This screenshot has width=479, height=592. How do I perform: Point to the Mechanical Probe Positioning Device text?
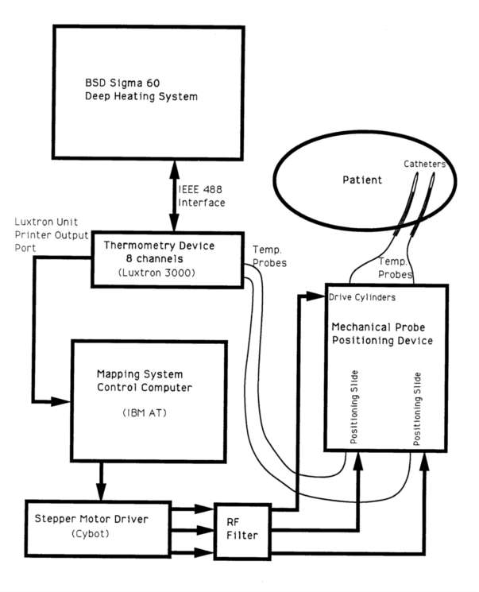tap(380, 334)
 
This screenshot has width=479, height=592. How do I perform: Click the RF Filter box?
tap(241, 529)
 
